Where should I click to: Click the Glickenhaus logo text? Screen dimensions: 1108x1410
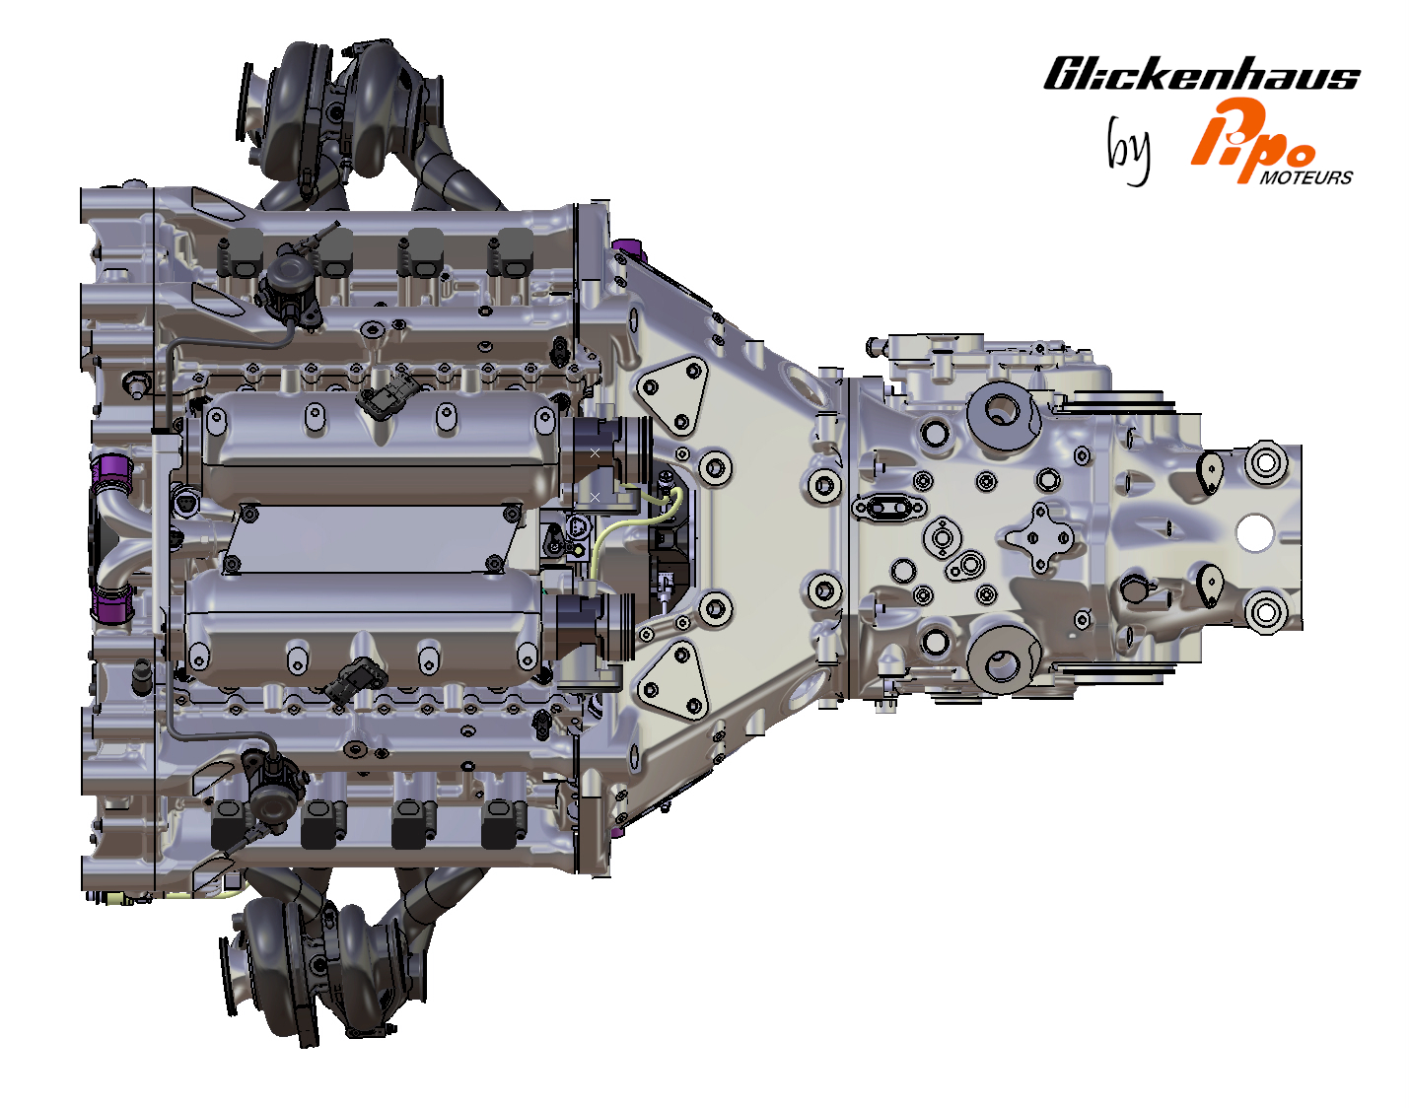[1201, 75]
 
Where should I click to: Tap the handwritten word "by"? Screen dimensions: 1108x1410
[1128, 150]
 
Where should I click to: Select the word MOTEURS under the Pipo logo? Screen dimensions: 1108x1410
[1305, 178]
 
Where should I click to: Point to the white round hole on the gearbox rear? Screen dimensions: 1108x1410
[1254, 533]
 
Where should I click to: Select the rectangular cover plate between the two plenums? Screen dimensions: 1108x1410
[375, 538]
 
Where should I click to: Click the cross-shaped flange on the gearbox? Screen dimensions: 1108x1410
[1037, 537]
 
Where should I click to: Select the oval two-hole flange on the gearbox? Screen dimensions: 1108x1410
[888, 508]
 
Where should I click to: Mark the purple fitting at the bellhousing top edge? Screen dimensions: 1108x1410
[624, 246]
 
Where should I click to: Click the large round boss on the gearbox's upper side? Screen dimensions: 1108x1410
[1002, 410]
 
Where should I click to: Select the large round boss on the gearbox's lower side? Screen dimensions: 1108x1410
[1002, 661]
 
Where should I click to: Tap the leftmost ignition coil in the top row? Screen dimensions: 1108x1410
[240, 254]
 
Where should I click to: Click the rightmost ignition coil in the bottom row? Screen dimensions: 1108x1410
[504, 824]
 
